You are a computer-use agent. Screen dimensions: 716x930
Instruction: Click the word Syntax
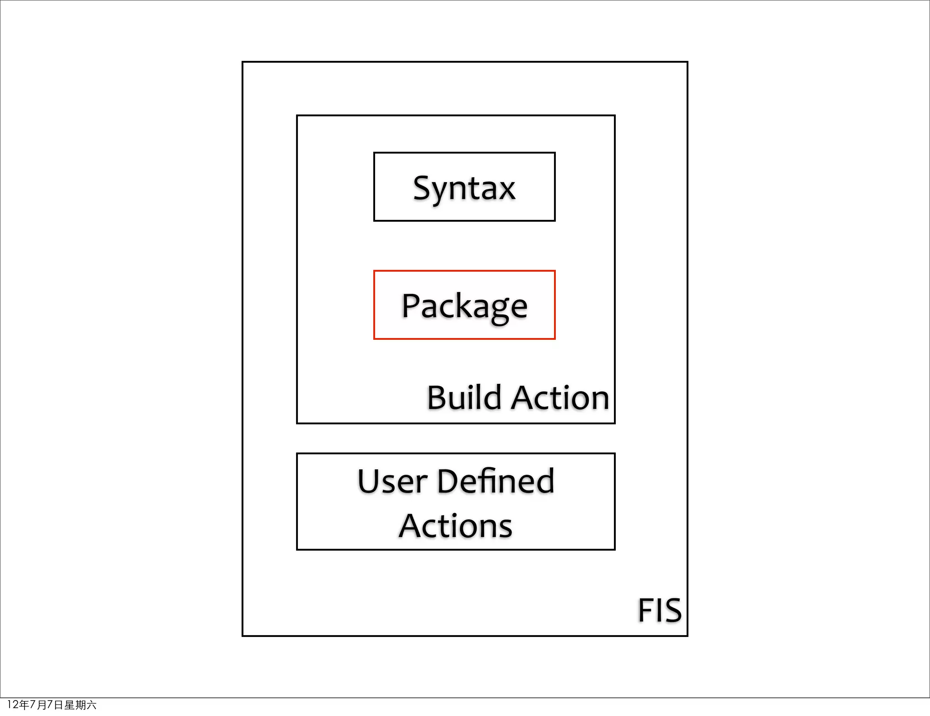click(464, 188)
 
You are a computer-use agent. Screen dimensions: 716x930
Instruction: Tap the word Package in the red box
click(464, 306)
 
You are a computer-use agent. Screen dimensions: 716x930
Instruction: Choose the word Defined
click(496, 481)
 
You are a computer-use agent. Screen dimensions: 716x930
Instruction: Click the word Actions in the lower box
click(455, 526)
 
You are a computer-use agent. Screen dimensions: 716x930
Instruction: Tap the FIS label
click(659, 610)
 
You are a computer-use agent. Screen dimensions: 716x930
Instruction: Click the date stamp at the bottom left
click(52, 705)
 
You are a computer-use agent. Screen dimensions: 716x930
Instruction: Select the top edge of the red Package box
click(464, 271)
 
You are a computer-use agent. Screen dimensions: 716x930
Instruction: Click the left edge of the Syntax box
click(374, 187)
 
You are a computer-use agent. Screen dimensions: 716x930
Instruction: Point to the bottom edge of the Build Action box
click(455, 423)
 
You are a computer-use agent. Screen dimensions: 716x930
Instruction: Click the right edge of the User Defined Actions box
click(614, 502)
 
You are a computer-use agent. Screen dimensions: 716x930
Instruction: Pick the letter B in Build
click(438, 398)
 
